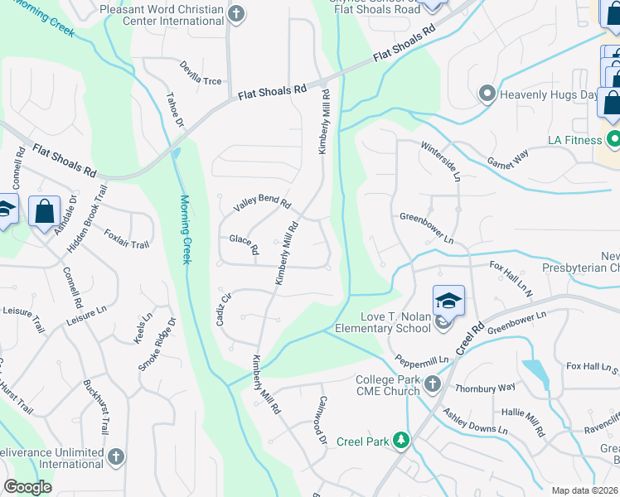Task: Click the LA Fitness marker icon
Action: pos(613,138)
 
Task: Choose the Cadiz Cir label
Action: pos(224,309)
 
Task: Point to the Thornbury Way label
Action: pos(485,387)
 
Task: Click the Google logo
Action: pos(28,487)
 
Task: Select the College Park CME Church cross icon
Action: pos(432,384)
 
